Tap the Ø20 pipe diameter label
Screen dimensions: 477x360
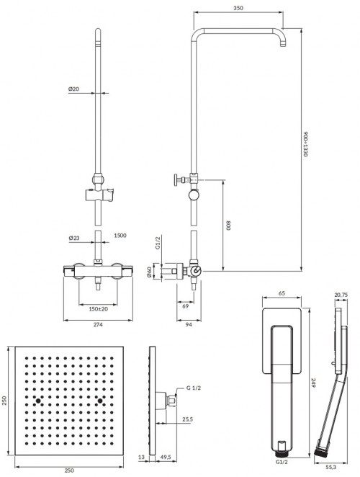pyautogui.click(x=73, y=89)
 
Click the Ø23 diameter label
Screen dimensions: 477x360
pyautogui.click(x=73, y=237)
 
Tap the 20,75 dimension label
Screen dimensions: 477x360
pyautogui.click(x=341, y=295)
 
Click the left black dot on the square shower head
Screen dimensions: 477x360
pyautogui.click(x=36, y=398)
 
